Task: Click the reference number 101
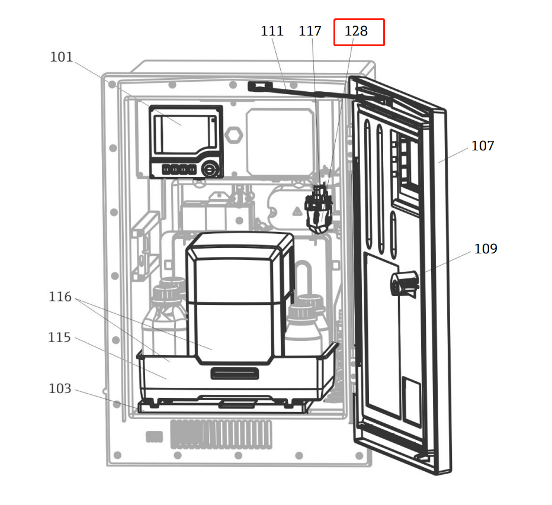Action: click(61, 57)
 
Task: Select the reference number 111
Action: click(272, 31)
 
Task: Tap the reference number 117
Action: click(310, 31)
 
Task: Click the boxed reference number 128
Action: click(357, 31)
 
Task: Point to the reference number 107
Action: click(483, 146)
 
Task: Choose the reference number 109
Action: click(486, 249)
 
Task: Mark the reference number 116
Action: click(60, 297)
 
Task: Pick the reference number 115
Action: click(59, 337)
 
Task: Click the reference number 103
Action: click(60, 388)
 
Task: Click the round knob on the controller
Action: click(210, 170)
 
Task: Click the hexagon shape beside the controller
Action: click(234, 135)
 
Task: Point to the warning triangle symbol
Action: click(297, 211)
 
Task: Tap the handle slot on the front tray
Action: click(235, 374)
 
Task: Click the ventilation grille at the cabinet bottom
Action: click(221, 435)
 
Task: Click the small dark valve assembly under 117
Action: click(319, 208)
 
